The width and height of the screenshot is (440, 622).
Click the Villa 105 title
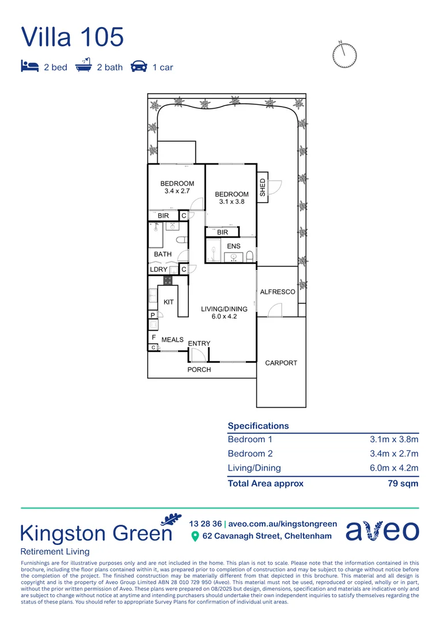point(73,37)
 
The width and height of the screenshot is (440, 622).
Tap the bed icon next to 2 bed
point(29,67)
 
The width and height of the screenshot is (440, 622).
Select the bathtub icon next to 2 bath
point(84,66)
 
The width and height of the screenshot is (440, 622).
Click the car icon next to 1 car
point(138,67)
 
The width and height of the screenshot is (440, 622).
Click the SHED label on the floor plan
point(263,187)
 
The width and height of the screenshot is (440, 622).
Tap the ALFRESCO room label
point(278,292)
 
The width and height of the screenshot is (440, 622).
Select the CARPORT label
point(281,363)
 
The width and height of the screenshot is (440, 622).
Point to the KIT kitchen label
point(169,302)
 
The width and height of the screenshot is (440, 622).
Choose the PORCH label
point(199,370)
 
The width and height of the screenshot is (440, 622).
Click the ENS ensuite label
point(234,246)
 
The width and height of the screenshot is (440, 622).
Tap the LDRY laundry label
point(159,270)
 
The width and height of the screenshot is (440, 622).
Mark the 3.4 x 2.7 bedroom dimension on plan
point(177,191)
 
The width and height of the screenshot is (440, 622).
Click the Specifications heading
point(258,426)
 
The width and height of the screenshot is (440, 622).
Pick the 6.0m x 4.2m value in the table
point(394,468)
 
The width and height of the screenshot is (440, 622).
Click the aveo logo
point(382,530)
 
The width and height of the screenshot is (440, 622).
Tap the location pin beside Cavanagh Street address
point(195,537)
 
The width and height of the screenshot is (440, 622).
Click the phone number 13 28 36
point(205,524)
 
